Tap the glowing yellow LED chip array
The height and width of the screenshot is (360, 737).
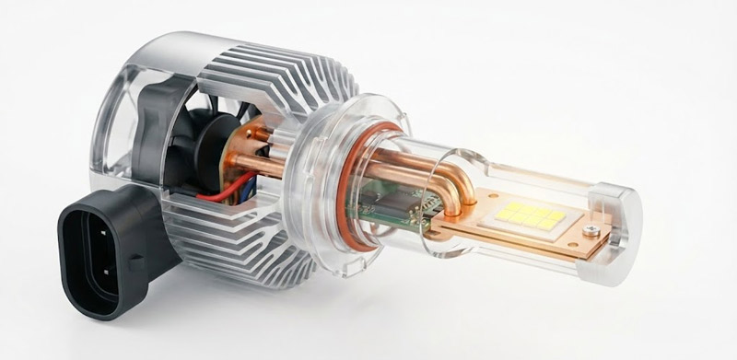point(532,217)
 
